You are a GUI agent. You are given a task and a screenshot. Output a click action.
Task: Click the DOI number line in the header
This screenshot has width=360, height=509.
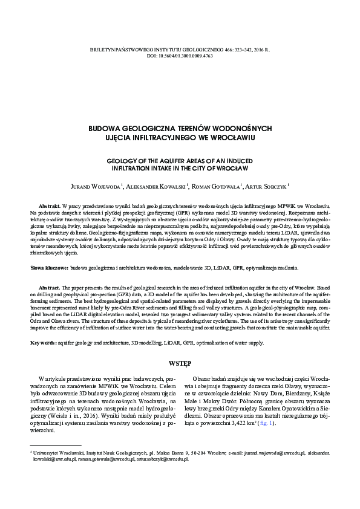point(180,55)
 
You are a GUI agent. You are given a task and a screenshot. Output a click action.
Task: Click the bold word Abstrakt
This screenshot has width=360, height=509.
point(50,207)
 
